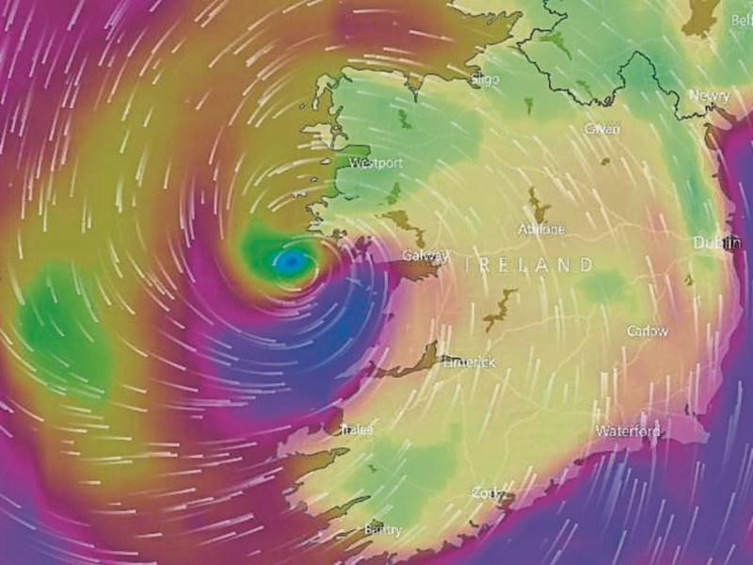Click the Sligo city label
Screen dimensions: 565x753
(487, 80)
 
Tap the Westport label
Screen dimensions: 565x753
(376, 163)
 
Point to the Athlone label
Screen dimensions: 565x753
(541, 229)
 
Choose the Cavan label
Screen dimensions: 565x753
(601, 128)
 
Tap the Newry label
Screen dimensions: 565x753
(708, 97)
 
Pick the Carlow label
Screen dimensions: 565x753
(648, 331)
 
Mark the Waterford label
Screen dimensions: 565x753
(628, 431)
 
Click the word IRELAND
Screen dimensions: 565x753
(530, 266)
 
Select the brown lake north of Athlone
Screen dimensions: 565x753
(537, 203)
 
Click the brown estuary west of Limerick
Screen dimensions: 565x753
(414, 363)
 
